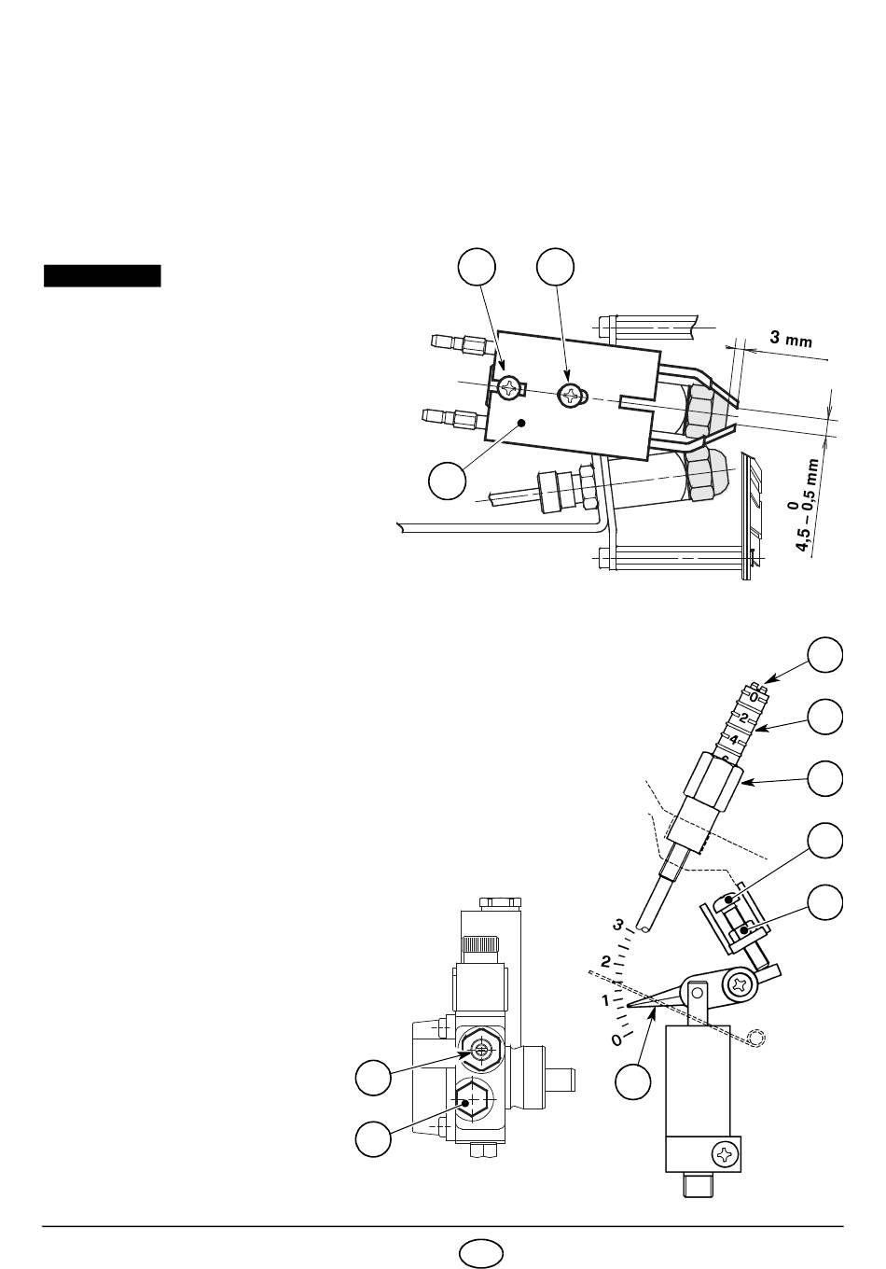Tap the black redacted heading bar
(x=103, y=276)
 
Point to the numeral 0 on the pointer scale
(x=616, y=1039)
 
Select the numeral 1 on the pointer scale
(x=605, y=1001)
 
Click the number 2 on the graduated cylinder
(x=744, y=718)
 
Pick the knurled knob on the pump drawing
(x=482, y=944)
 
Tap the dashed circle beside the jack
(x=756, y=1038)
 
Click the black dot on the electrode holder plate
(x=522, y=423)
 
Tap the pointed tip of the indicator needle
(x=628, y=1007)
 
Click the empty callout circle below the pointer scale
(x=633, y=1081)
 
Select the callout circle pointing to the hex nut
(x=824, y=778)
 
